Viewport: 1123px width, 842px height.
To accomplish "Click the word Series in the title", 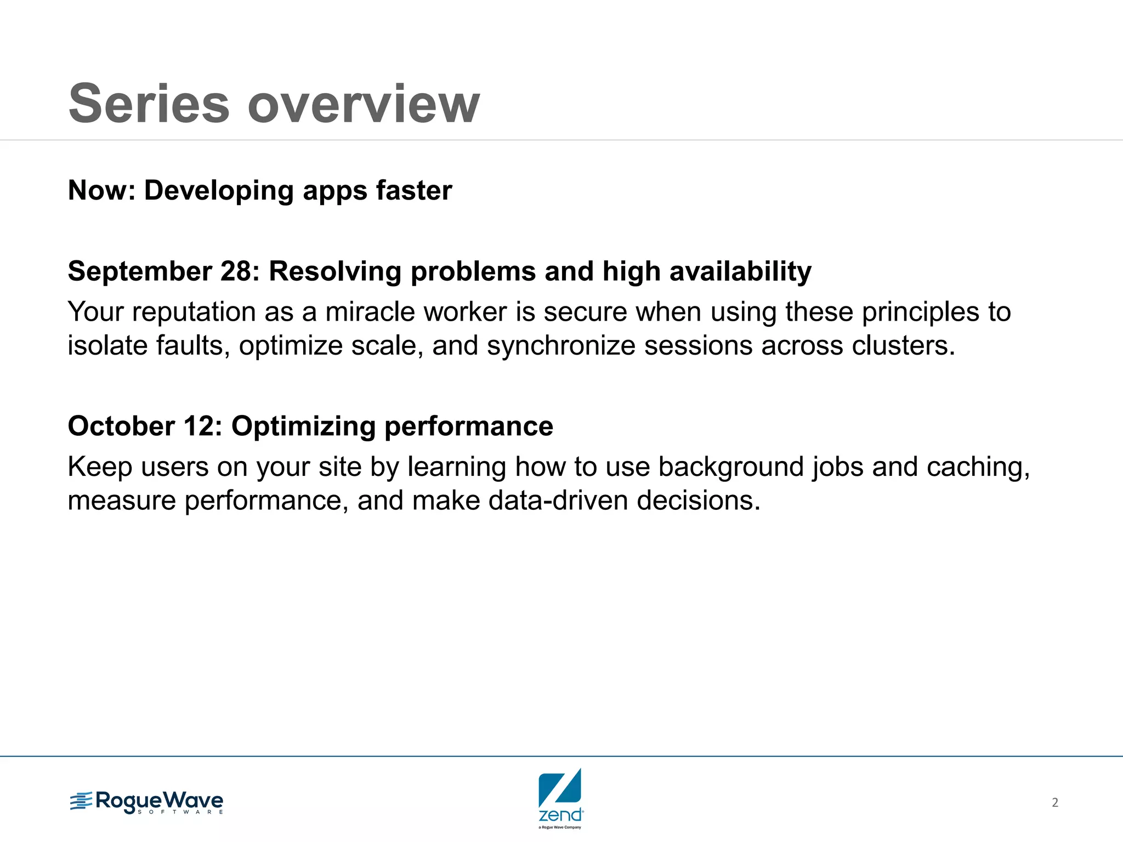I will click(x=149, y=104).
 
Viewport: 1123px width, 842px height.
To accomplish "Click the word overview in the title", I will click(x=364, y=104).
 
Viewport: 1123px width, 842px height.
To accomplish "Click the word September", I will click(x=140, y=272).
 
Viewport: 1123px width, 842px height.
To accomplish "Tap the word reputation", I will click(x=194, y=313).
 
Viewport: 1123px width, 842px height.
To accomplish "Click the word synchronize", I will click(x=561, y=346).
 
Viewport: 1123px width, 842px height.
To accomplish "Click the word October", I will click(x=121, y=426).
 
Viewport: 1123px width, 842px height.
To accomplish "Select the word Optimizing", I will click(x=302, y=426).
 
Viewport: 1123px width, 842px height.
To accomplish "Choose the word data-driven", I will click(x=558, y=500).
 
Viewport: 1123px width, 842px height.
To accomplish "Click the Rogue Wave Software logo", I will click(x=146, y=803).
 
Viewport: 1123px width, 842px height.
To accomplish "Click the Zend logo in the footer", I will click(x=560, y=798).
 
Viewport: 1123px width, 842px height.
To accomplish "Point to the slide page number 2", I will click(x=1054, y=803).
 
